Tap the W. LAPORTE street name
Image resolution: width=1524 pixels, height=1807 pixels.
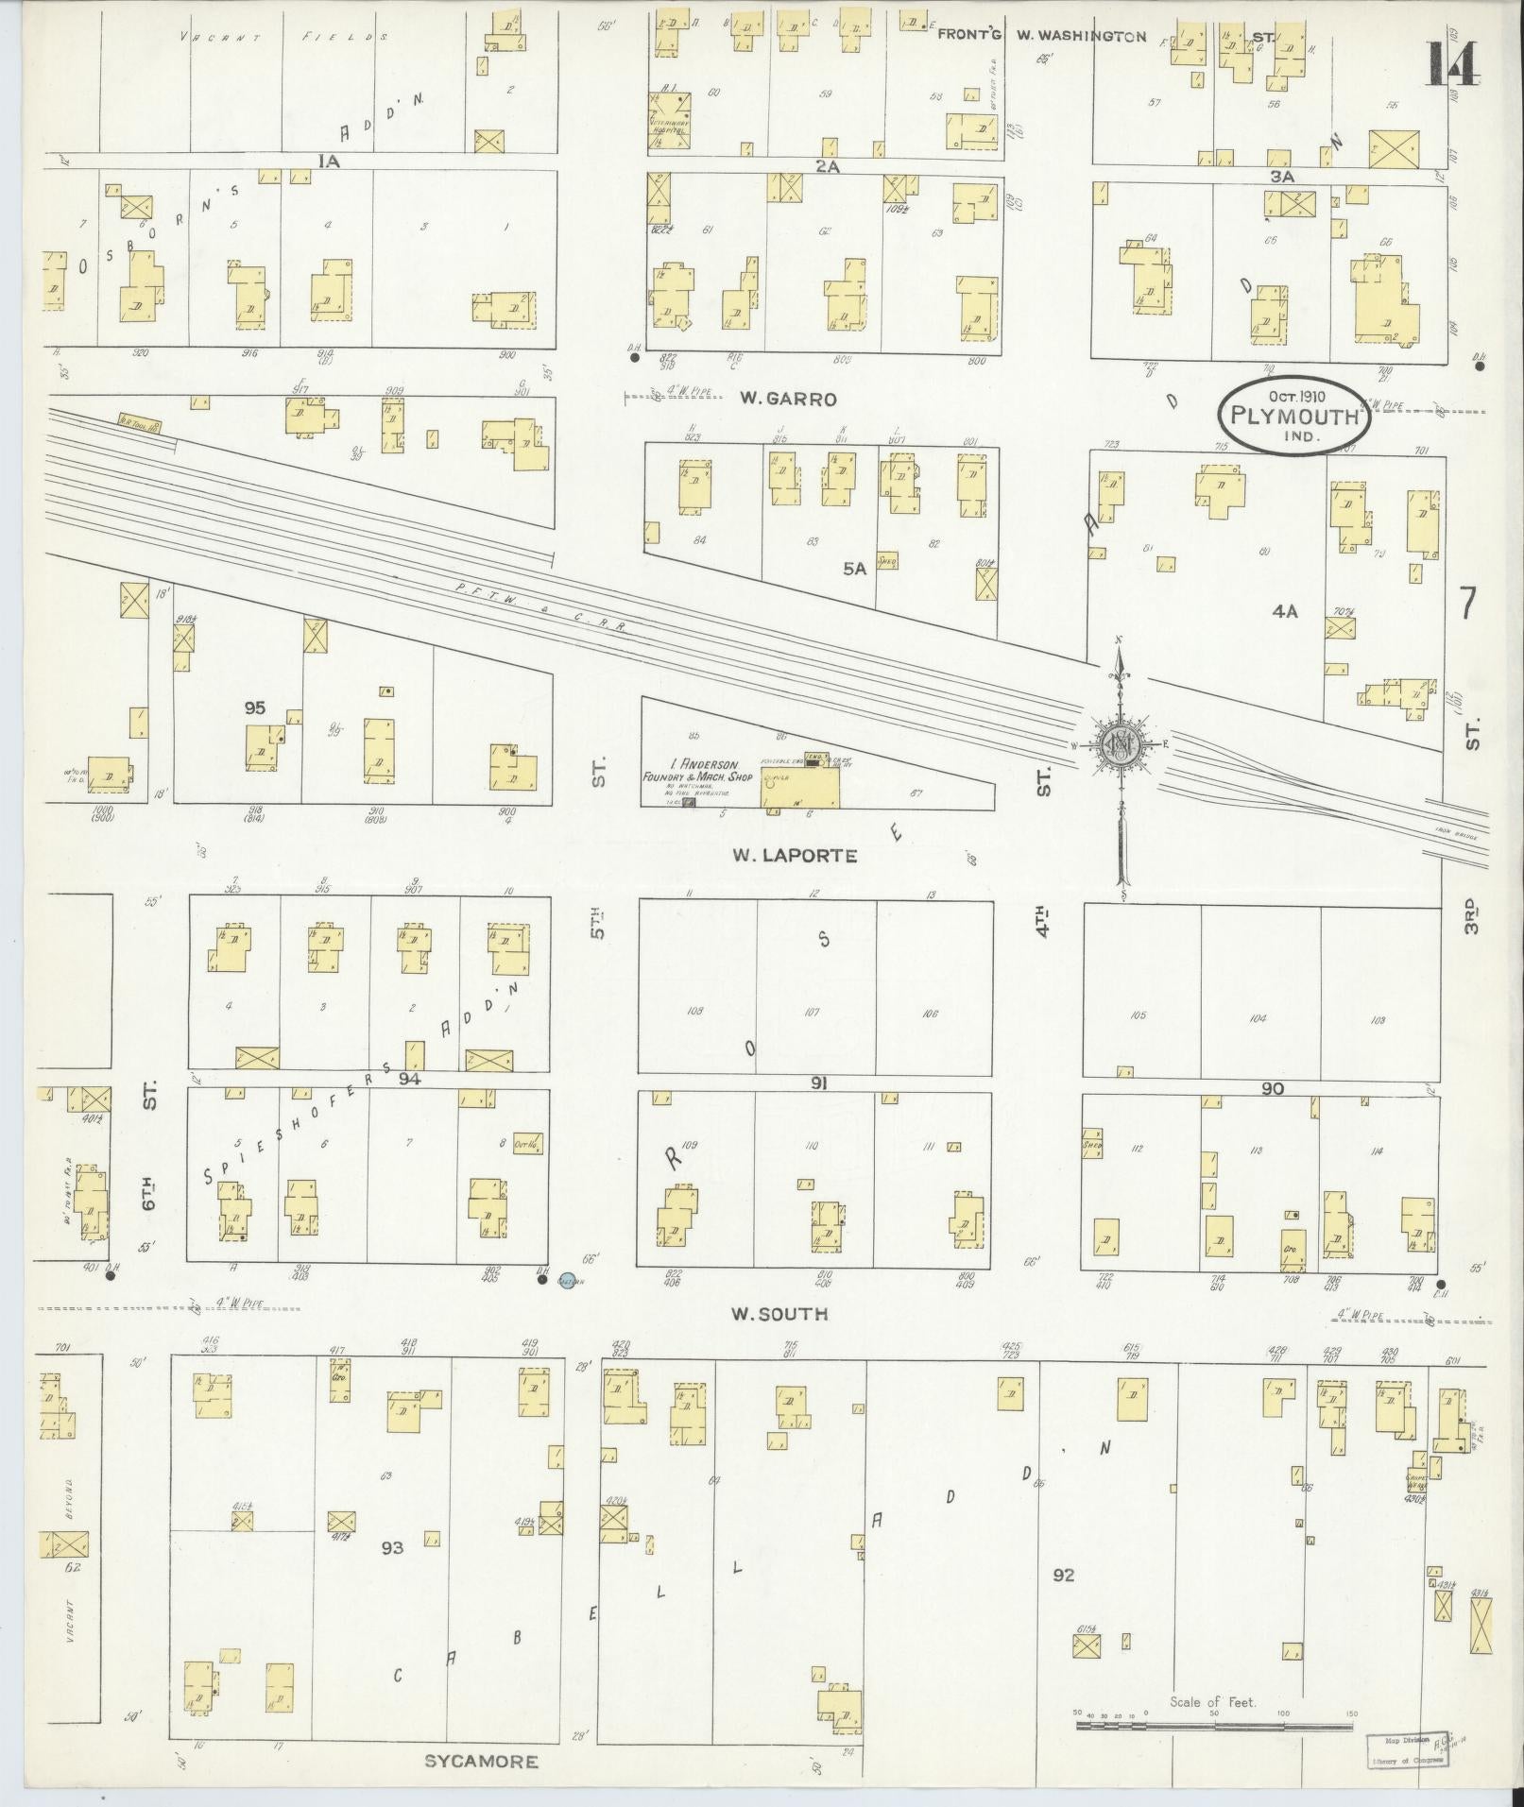796,856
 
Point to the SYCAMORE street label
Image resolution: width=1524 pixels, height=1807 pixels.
481,1761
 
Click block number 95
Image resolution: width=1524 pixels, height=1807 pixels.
254,707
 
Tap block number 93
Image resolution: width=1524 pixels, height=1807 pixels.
393,1547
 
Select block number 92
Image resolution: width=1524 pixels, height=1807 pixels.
1063,1575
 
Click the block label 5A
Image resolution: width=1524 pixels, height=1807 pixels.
854,569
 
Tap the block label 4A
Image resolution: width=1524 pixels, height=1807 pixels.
1284,611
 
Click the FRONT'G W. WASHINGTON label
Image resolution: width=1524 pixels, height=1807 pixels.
1041,37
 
